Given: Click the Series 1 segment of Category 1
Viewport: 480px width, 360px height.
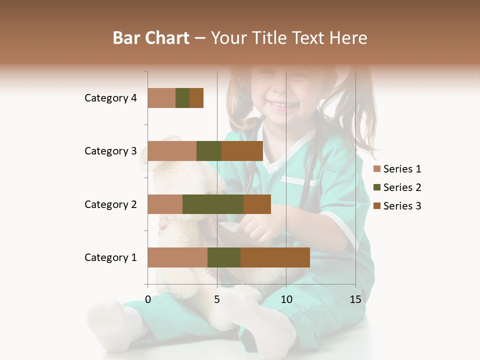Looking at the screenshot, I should point(177,257).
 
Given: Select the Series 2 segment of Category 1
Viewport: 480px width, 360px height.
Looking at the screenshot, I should point(224,257).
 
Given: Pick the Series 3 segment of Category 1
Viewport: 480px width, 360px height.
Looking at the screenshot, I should point(275,257).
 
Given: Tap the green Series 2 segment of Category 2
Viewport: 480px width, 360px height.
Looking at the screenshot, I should point(213,204).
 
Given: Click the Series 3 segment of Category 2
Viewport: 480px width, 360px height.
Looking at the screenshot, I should point(257,204).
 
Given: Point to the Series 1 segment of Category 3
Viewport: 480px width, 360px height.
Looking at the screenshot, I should point(172,151).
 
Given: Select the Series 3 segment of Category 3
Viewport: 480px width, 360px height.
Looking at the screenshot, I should point(242,151).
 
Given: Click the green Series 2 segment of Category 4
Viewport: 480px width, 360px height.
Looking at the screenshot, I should point(182,98).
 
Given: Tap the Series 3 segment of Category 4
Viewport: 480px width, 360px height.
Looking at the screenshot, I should point(196,98).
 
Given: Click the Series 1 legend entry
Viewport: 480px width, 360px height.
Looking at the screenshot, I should point(397,169).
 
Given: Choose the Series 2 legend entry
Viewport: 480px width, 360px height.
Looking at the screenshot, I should point(397,187).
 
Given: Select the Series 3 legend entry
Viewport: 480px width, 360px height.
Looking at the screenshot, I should point(397,206).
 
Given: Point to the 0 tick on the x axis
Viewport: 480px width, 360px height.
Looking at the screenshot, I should point(148,299).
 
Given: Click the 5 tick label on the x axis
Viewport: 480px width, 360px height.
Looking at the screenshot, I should point(217,299).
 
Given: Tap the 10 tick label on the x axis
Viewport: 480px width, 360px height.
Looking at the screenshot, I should point(286,299).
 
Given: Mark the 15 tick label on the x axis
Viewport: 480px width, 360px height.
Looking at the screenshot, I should point(355,299).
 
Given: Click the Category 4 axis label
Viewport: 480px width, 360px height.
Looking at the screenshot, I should point(110,98).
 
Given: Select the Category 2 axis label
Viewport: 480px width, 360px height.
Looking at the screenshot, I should point(110,204).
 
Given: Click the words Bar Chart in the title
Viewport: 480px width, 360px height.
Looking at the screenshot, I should point(151,37).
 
